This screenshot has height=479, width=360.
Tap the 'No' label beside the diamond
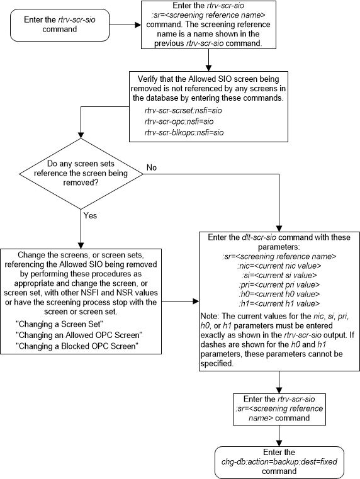pos(151,168)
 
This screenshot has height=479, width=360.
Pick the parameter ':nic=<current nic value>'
pos(278,265)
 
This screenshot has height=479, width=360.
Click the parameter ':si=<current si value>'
pos(278,275)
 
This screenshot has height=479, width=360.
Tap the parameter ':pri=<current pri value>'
pos(278,285)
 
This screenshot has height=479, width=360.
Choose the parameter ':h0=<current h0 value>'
pos(278,295)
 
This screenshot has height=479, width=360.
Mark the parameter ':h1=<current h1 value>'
pos(278,304)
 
